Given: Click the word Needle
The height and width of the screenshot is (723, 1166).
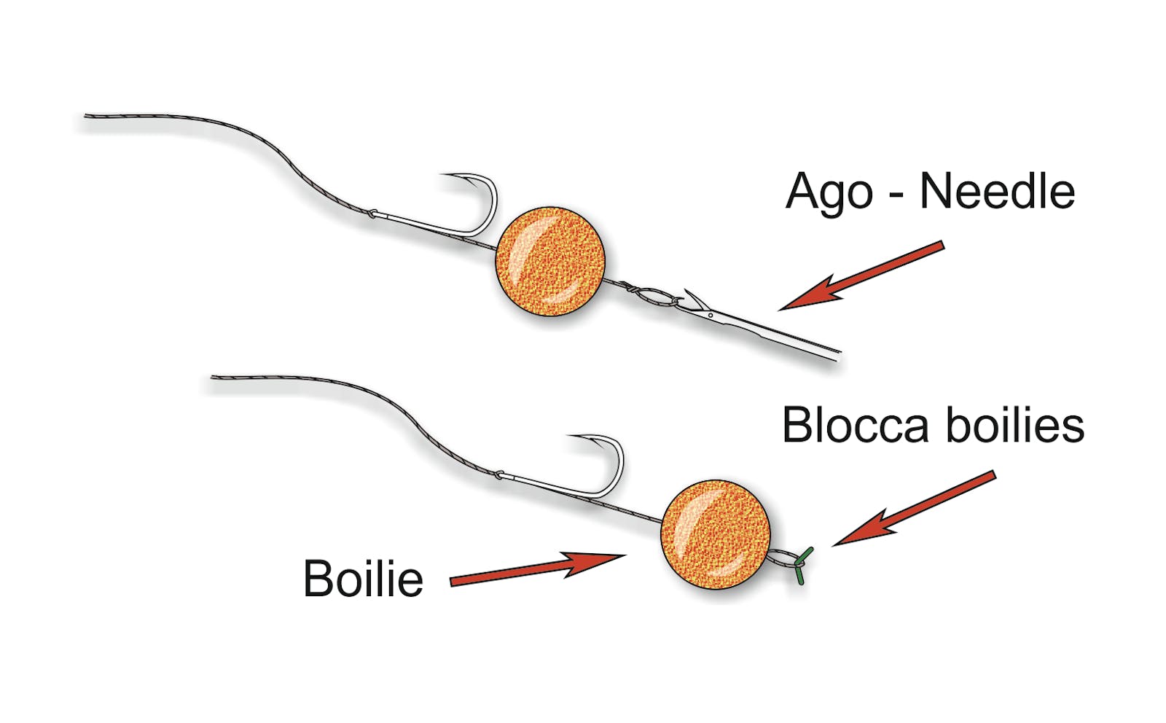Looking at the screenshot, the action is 998,192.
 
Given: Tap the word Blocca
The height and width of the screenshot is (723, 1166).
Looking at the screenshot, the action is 856,426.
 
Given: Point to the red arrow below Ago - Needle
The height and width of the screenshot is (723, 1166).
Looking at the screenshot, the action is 861,276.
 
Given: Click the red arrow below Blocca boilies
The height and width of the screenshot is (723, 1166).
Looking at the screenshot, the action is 914,509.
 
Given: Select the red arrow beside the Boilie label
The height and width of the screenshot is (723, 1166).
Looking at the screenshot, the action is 538,570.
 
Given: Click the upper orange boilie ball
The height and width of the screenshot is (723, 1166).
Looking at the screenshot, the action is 550,261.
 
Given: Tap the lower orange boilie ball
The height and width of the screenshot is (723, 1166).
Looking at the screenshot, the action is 716,534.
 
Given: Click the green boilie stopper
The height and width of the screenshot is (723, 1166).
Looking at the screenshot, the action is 801,566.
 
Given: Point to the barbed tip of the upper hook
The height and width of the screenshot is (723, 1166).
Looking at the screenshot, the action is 442,175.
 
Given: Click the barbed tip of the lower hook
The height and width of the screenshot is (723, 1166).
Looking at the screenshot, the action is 569,436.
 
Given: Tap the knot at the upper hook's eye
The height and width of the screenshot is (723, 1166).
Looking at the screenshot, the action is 372,214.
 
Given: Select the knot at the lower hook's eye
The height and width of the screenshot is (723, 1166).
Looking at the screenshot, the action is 498,474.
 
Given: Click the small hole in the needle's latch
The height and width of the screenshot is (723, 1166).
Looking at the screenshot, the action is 711,316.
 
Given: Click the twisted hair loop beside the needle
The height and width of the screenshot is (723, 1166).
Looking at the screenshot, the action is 656,297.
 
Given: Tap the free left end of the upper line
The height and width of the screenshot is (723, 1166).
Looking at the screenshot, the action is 86,116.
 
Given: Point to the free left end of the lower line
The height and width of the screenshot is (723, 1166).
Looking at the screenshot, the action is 212,377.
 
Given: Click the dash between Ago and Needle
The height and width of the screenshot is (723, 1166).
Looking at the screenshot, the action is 896,198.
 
